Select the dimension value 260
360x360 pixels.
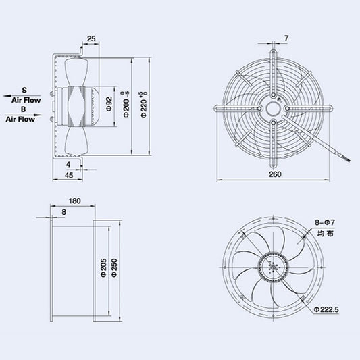[274, 174]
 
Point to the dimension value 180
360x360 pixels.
[74, 201]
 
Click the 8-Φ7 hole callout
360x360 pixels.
[325, 222]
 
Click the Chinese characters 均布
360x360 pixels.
[326, 234]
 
